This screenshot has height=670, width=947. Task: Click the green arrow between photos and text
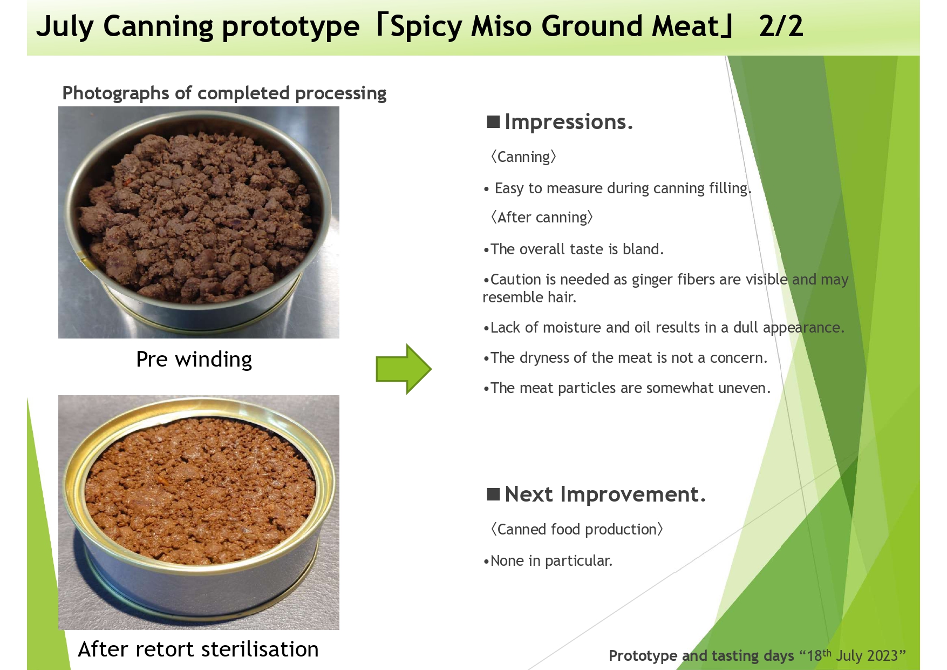pos(404,369)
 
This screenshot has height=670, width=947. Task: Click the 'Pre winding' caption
pos(194,360)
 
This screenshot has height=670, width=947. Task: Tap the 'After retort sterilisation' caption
pos(199,649)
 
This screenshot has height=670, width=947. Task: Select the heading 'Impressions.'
pos(568,122)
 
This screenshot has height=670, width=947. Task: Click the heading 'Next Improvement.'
pos(605,494)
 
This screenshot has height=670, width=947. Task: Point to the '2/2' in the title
pos(781,26)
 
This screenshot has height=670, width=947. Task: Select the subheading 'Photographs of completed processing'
pos(224,93)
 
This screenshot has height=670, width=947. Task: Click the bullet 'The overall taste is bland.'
pos(573,249)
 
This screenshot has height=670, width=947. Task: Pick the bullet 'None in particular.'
pos(548,560)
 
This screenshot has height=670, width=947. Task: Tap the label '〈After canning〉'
pos(541,217)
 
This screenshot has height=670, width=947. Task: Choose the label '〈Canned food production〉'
pos(576,529)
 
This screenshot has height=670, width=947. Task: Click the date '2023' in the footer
pos(883,655)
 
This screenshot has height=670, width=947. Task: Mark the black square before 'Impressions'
pos(493,121)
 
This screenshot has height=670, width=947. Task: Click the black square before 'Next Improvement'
pos(493,494)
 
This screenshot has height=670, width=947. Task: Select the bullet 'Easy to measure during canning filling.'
pos(618,188)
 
